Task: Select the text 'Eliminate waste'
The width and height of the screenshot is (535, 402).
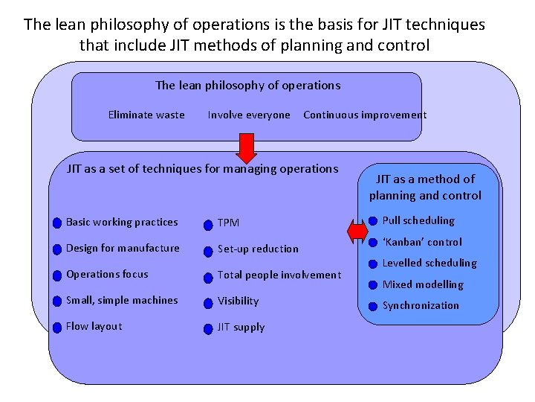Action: tap(146, 115)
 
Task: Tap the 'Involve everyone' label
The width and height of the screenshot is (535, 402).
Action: tap(249, 115)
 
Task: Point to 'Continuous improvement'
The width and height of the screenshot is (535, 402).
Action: tap(365, 115)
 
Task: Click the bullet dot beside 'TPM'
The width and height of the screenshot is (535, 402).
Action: tap(209, 223)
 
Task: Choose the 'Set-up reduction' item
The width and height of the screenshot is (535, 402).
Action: tap(258, 249)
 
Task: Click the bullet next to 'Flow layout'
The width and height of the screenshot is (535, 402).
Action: tap(57, 328)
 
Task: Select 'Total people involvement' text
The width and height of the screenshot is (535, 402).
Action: tap(279, 275)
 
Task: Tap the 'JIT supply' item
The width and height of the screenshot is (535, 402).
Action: tap(241, 327)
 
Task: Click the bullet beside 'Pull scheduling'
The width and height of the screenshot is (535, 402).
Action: tap(372, 221)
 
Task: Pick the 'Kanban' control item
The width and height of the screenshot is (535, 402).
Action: tap(422, 242)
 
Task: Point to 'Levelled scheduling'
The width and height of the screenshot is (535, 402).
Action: tap(429, 263)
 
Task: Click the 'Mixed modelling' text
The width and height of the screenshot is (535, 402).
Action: tap(423, 284)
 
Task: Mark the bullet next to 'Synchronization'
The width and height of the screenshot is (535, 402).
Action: tap(372, 306)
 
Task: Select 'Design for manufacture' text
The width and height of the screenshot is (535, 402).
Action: tap(123, 248)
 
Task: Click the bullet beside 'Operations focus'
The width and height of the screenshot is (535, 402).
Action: tap(57, 275)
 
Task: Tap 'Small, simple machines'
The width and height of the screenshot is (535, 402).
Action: tap(122, 300)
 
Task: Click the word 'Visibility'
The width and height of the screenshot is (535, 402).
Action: tap(238, 301)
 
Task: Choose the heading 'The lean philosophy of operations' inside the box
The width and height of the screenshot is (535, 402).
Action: tap(247, 85)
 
